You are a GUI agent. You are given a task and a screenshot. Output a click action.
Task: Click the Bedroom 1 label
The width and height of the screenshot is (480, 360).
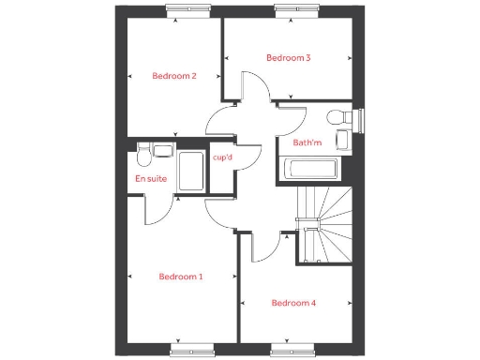tap(181, 277)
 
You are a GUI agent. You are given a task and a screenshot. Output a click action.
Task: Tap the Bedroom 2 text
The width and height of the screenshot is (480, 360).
tap(174, 76)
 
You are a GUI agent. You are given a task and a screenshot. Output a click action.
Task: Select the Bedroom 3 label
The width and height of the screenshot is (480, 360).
tap(289, 57)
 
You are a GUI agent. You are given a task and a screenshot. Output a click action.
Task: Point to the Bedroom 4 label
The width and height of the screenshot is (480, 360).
tap(293, 303)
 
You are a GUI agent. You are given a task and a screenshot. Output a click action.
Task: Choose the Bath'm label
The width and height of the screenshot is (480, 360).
tap(306, 143)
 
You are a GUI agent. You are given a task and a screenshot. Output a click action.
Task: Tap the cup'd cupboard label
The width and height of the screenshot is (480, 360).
tap(223, 157)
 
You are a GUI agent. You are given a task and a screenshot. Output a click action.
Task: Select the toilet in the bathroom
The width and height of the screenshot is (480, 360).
tap(339, 117)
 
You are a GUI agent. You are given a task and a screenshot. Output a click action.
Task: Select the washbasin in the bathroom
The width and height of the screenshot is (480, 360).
tap(342, 141)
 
